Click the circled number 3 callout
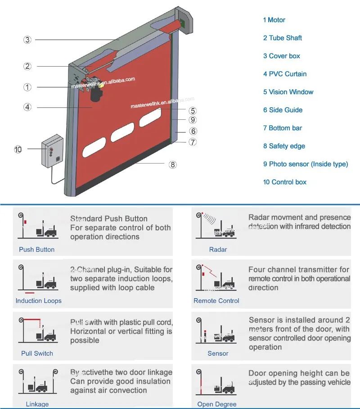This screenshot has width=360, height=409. tap(27, 40)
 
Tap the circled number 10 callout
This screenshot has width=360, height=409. tap(18, 149)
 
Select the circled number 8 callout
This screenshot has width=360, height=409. tap(173, 164)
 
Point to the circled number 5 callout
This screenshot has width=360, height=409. tap(193, 110)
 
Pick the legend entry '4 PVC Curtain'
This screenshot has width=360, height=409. tap(284, 74)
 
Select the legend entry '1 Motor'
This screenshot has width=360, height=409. tap(274, 20)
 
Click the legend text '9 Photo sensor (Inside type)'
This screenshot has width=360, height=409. tap(306, 164)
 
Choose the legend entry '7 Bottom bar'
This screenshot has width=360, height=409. tap(282, 128)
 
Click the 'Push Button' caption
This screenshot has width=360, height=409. tap(36, 250)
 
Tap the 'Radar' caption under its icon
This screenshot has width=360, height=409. tap(218, 250)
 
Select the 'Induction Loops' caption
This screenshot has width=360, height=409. tap(38, 301)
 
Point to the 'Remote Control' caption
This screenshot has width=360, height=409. tap(216, 301)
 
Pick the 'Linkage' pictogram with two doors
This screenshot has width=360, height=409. tap(37, 382)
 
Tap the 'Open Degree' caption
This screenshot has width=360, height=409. tap(217, 404)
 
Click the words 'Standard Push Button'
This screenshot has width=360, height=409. tap(108, 219)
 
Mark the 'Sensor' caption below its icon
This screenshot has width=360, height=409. tap(218, 354)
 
